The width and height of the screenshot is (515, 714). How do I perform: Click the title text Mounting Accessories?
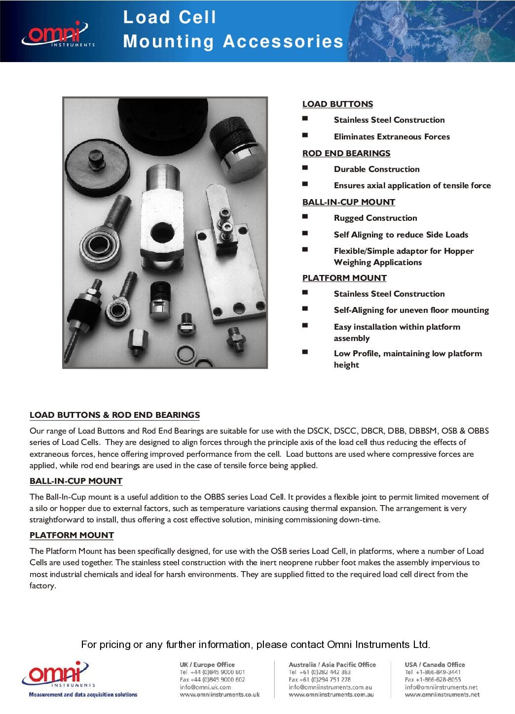233,41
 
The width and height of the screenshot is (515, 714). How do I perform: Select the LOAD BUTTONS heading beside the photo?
337,104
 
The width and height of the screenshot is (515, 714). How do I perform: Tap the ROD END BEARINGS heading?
346,153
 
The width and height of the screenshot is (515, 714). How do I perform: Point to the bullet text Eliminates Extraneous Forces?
392,136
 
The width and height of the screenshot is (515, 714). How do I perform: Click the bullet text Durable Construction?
376,169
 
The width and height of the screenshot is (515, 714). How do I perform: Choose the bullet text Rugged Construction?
375,218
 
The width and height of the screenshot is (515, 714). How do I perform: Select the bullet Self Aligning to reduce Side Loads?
401,235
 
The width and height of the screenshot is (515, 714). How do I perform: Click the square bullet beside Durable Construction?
305,168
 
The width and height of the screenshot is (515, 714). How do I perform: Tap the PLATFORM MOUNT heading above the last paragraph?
72,535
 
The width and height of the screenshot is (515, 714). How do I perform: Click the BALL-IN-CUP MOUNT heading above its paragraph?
76,481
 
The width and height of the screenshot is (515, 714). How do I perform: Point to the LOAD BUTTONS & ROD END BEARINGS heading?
114,415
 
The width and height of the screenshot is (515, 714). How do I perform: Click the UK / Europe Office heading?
207,665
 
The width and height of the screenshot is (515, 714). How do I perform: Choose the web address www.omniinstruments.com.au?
331,695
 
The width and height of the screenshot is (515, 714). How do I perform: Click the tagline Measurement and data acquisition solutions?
83,695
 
